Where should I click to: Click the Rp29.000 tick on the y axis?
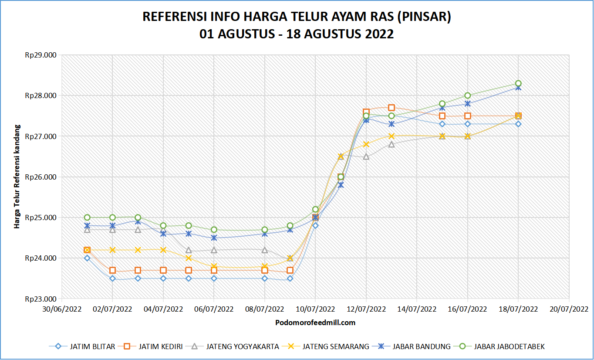(x=41, y=55)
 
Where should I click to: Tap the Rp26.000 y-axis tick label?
(x=41, y=177)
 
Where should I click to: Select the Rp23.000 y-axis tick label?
(x=41, y=299)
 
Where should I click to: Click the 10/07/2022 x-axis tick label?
(x=315, y=309)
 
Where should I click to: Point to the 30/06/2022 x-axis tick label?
(x=62, y=309)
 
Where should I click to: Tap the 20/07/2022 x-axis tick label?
(x=569, y=309)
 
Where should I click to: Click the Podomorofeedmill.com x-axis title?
(x=315, y=323)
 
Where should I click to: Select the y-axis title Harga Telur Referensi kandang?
(x=17, y=177)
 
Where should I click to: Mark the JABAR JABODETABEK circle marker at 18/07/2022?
(x=518, y=83)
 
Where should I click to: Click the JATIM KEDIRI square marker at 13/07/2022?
(x=391, y=108)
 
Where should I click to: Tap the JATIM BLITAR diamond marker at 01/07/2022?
(x=87, y=258)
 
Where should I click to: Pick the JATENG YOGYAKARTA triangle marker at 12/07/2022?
(x=366, y=156)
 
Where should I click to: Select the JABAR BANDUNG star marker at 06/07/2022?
(x=214, y=238)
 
